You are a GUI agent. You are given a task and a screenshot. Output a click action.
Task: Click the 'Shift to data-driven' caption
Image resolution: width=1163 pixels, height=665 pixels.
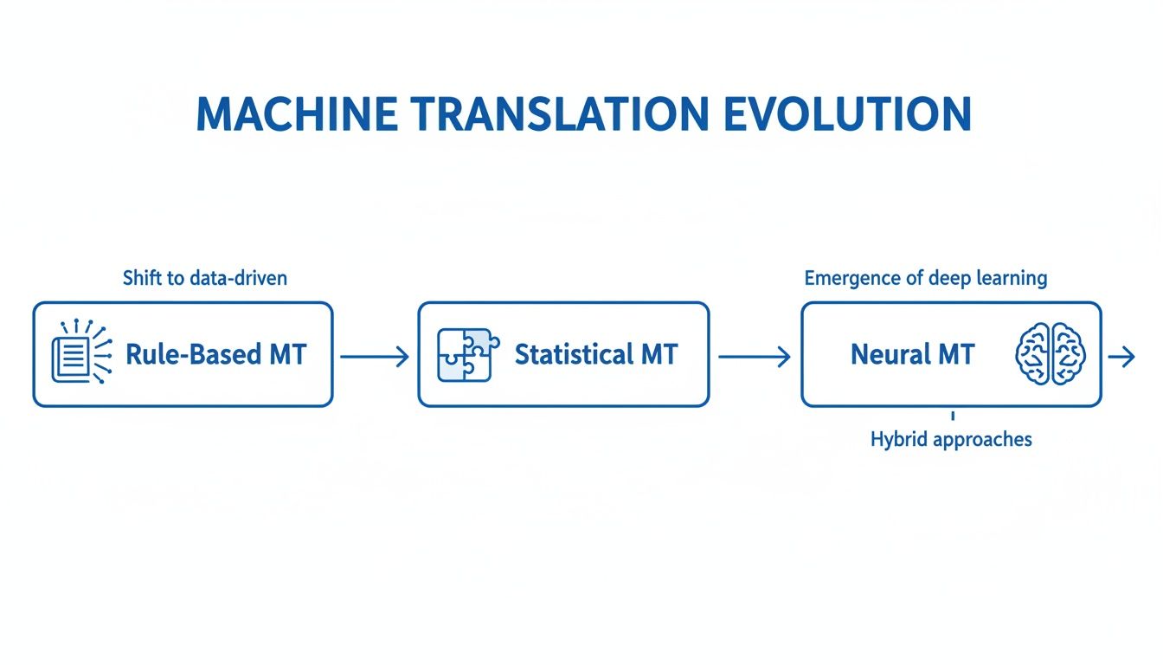(x=205, y=278)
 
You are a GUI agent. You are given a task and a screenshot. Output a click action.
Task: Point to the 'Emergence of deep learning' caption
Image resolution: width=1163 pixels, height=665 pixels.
(x=925, y=278)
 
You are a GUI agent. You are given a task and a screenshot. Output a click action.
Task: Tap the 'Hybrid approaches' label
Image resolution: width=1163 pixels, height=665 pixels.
(x=951, y=439)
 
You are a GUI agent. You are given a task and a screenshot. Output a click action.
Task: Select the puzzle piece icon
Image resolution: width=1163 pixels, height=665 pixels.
(x=465, y=354)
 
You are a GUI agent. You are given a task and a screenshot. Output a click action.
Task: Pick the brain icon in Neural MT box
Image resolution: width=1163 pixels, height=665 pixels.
(x=1050, y=354)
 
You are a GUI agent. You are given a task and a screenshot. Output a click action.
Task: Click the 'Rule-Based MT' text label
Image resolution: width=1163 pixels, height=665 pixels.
(x=215, y=354)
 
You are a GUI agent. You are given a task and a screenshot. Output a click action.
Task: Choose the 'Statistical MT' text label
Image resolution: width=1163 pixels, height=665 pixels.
(x=596, y=354)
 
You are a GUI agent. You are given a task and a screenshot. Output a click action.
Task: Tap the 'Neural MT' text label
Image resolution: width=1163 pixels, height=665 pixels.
(x=912, y=354)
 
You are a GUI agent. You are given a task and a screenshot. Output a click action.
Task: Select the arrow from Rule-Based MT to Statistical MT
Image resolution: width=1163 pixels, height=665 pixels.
(x=375, y=356)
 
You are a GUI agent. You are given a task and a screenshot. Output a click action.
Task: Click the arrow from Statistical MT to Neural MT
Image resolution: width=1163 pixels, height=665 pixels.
(x=754, y=356)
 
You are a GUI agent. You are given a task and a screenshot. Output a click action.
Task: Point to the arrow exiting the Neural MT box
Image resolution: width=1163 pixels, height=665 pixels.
(x=1121, y=356)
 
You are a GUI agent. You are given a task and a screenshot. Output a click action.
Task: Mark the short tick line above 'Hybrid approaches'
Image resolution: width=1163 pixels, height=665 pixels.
(x=952, y=416)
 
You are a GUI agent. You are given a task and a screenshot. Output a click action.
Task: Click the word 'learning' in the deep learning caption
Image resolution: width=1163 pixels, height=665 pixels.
(x=1011, y=278)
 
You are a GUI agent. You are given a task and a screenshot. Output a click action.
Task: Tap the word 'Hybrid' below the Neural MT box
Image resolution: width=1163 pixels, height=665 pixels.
(x=897, y=439)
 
